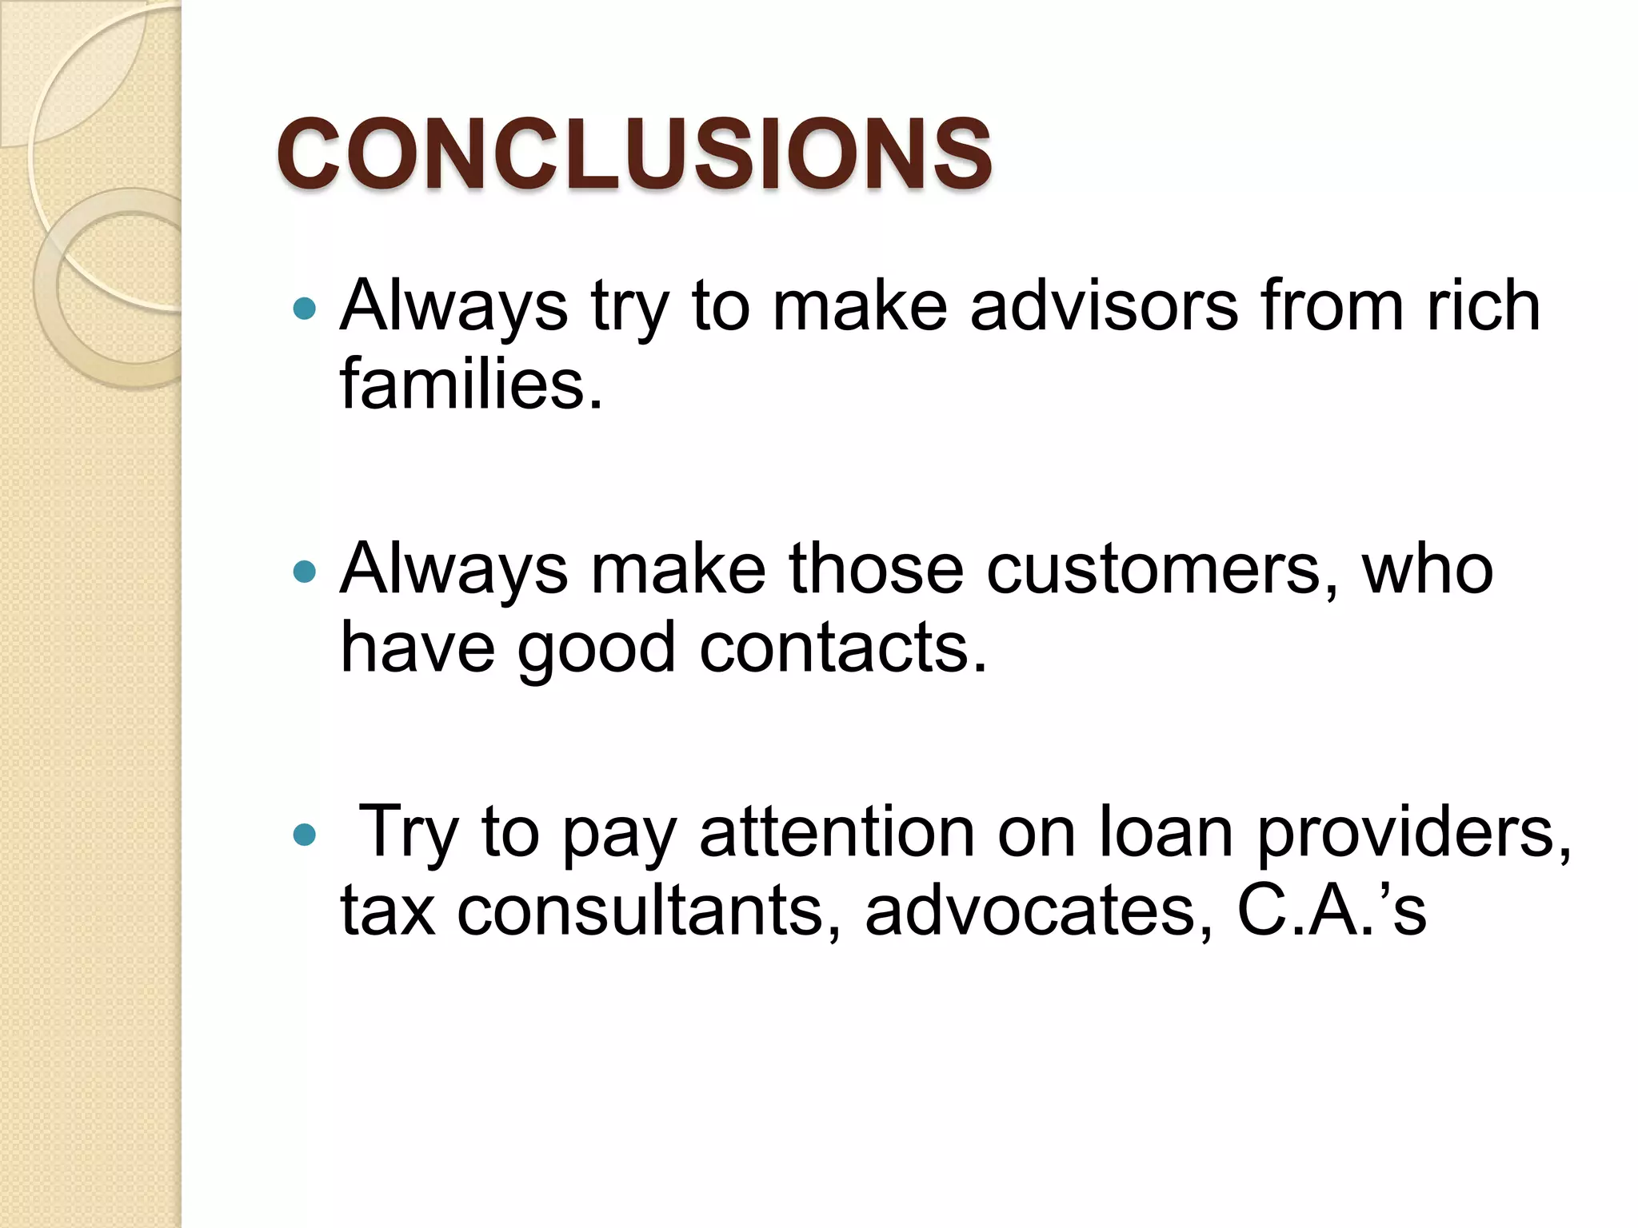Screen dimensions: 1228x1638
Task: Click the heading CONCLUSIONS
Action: coord(633,153)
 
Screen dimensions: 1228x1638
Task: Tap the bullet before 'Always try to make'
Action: coord(305,308)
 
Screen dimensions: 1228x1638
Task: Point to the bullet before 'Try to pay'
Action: coord(305,835)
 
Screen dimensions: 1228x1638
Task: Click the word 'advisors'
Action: coord(1104,306)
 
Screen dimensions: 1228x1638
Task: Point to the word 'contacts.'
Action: coord(844,648)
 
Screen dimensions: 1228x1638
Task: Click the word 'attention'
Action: coord(837,833)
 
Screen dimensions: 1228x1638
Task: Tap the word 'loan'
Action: coord(1166,833)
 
